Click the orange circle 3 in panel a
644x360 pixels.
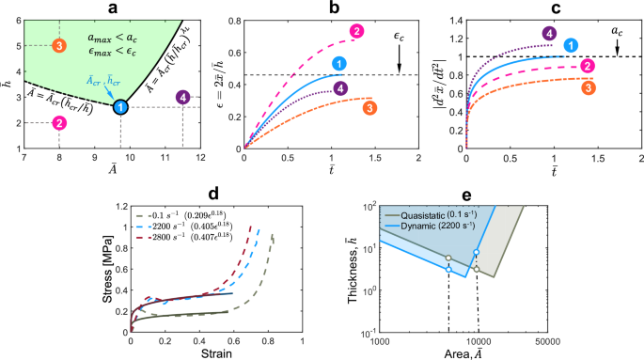[x=59, y=45]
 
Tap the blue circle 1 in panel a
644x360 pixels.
[x=120, y=107]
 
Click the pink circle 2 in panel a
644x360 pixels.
[x=59, y=123]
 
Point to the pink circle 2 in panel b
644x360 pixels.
[x=357, y=32]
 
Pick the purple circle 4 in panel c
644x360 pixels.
[x=548, y=35]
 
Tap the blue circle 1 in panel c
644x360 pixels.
[x=571, y=45]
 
